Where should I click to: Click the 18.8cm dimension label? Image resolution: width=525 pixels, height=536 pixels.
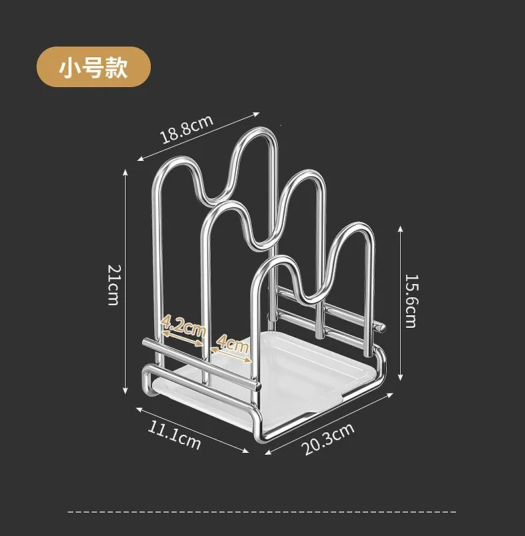pyautogui.click(x=187, y=129)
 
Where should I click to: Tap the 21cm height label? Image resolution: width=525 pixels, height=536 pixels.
pyautogui.click(x=114, y=285)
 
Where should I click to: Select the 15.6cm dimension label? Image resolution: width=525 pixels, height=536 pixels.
pyautogui.click(x=411, y=301)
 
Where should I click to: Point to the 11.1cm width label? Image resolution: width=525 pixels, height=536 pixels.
pyautogui.click(x=174, y=435)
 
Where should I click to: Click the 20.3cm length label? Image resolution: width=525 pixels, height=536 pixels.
pyautogui.click(x=328, y=439)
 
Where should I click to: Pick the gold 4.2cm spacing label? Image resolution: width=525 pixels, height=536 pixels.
pyautogui.click(x=183, y=327)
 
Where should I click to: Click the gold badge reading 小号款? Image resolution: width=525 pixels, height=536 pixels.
pyautogui.click(x=94, y=67)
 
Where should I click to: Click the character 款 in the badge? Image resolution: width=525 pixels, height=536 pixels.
pyautogui.click(x=116, y=67)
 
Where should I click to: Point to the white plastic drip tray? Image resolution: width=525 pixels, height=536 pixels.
pyautogui.click(x=270, y=376)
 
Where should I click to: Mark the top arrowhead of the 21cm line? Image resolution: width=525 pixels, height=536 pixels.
pyautogui.click(x=126, y=172)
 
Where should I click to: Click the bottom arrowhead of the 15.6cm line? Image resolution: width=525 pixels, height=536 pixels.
pyautogui.click(x=401, y=378)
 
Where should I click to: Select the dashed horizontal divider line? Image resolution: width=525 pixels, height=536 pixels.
pyautogui.click(x=262, y=512)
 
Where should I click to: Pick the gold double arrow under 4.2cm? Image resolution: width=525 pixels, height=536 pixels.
pyautogui.click(x=181, y=338)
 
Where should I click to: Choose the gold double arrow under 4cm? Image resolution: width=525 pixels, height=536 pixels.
pyautogui.click(x=231, y=355)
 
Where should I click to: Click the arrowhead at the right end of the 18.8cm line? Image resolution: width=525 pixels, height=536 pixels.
pyautogui.click(x=257, y=114)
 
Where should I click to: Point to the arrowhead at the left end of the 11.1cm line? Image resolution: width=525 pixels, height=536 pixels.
pyautogui.click(x=139, y=410)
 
